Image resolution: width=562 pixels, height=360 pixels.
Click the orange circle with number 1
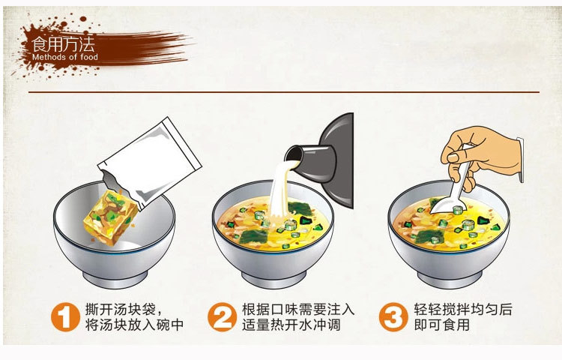pyautogui.click(x=65, y=317)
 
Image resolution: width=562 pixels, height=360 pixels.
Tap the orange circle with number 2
pyautogui.click(x=223, y=317)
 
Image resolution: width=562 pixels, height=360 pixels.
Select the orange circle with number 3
pyautogui.click(x=393, y=317)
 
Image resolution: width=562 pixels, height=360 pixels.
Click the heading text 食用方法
pyautogui.click(x=63, y=44)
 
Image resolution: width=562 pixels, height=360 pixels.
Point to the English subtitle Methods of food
pyautogui.click(x=65, y=57)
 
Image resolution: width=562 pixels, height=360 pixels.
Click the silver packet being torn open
pyautogui.click(x=150, y=163)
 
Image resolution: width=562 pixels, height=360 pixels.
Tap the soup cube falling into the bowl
pyautogui.click(x=111, y=217)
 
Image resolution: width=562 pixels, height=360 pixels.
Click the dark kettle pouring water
pyautogui.click(x=322, y=160)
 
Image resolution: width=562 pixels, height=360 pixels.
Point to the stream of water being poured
pyautogui.click(x=280, y=190)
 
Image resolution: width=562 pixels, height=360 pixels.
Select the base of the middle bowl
pyautogui.click(x=274, y=279)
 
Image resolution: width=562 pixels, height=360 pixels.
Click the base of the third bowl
pyautogui.click(x=450, y=279)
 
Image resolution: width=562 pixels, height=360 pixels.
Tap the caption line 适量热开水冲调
pyautogui.click(x=291, y=325)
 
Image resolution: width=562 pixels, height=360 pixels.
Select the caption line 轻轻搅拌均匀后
pyautogui.click(x=463, y=310)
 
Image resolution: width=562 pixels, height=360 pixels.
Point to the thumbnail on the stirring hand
pyautogui.click(x=453, y=157)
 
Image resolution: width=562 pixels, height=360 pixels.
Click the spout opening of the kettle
pyautogui.click(x=291, y=154)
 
